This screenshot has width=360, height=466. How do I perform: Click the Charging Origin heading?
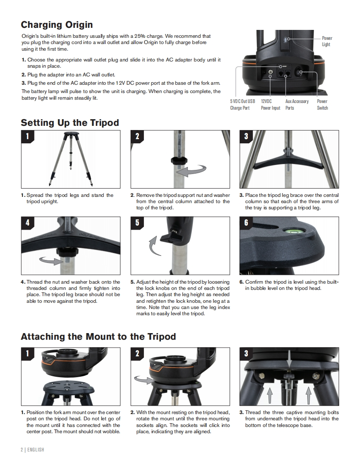57,25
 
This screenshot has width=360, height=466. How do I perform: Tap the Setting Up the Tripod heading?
70,123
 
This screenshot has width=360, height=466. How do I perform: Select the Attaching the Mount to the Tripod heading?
99,336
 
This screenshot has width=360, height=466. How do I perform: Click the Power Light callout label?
327,41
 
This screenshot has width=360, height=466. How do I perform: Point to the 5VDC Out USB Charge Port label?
242,105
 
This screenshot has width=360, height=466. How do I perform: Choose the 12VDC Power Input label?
271,105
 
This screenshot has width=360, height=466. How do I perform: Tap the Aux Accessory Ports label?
297,105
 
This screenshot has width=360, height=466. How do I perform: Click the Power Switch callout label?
322,105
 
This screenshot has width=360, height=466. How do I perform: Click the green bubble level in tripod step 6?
291,229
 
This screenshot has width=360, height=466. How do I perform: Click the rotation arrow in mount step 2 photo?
143,379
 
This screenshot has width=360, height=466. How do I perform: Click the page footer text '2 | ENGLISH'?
32,450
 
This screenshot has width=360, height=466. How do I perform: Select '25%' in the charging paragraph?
140,36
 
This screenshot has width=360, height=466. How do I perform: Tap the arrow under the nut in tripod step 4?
51,261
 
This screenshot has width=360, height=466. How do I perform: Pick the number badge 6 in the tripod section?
246,223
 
